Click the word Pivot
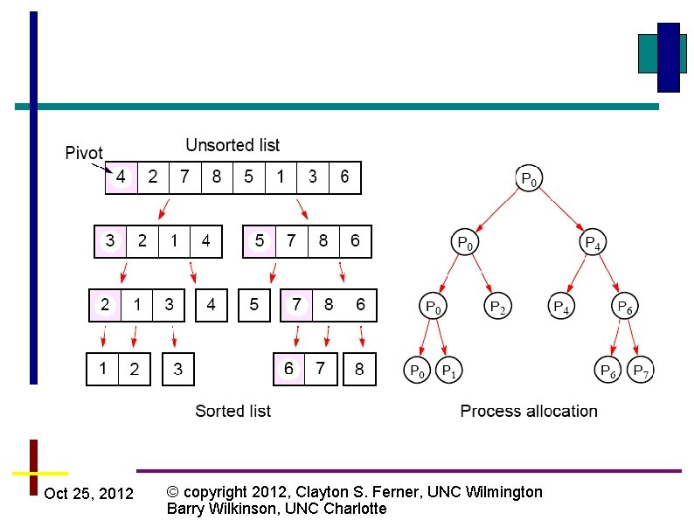tap(84, 154)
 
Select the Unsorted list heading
tap(232, 145)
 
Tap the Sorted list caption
tap(232, 411)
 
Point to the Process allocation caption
tap(529, 411)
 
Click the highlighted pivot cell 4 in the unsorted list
tap(121, 177)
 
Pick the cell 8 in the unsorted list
tap(217, 177)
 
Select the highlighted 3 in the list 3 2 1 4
tap(110, 241)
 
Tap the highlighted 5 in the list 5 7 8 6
tap(259, 241)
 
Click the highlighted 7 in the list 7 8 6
tap(296, 306)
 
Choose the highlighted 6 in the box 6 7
tap(288, 369)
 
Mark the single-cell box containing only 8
tap(359, 369)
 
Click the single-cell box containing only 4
tap(211, 306)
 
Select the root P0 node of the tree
tap(529, 179)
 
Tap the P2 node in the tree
tap(496, 307)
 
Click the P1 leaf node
tap(448, 371)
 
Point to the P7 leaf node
tap(642, 371)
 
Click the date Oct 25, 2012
tap(88, 494)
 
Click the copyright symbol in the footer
tap(172, 492)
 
